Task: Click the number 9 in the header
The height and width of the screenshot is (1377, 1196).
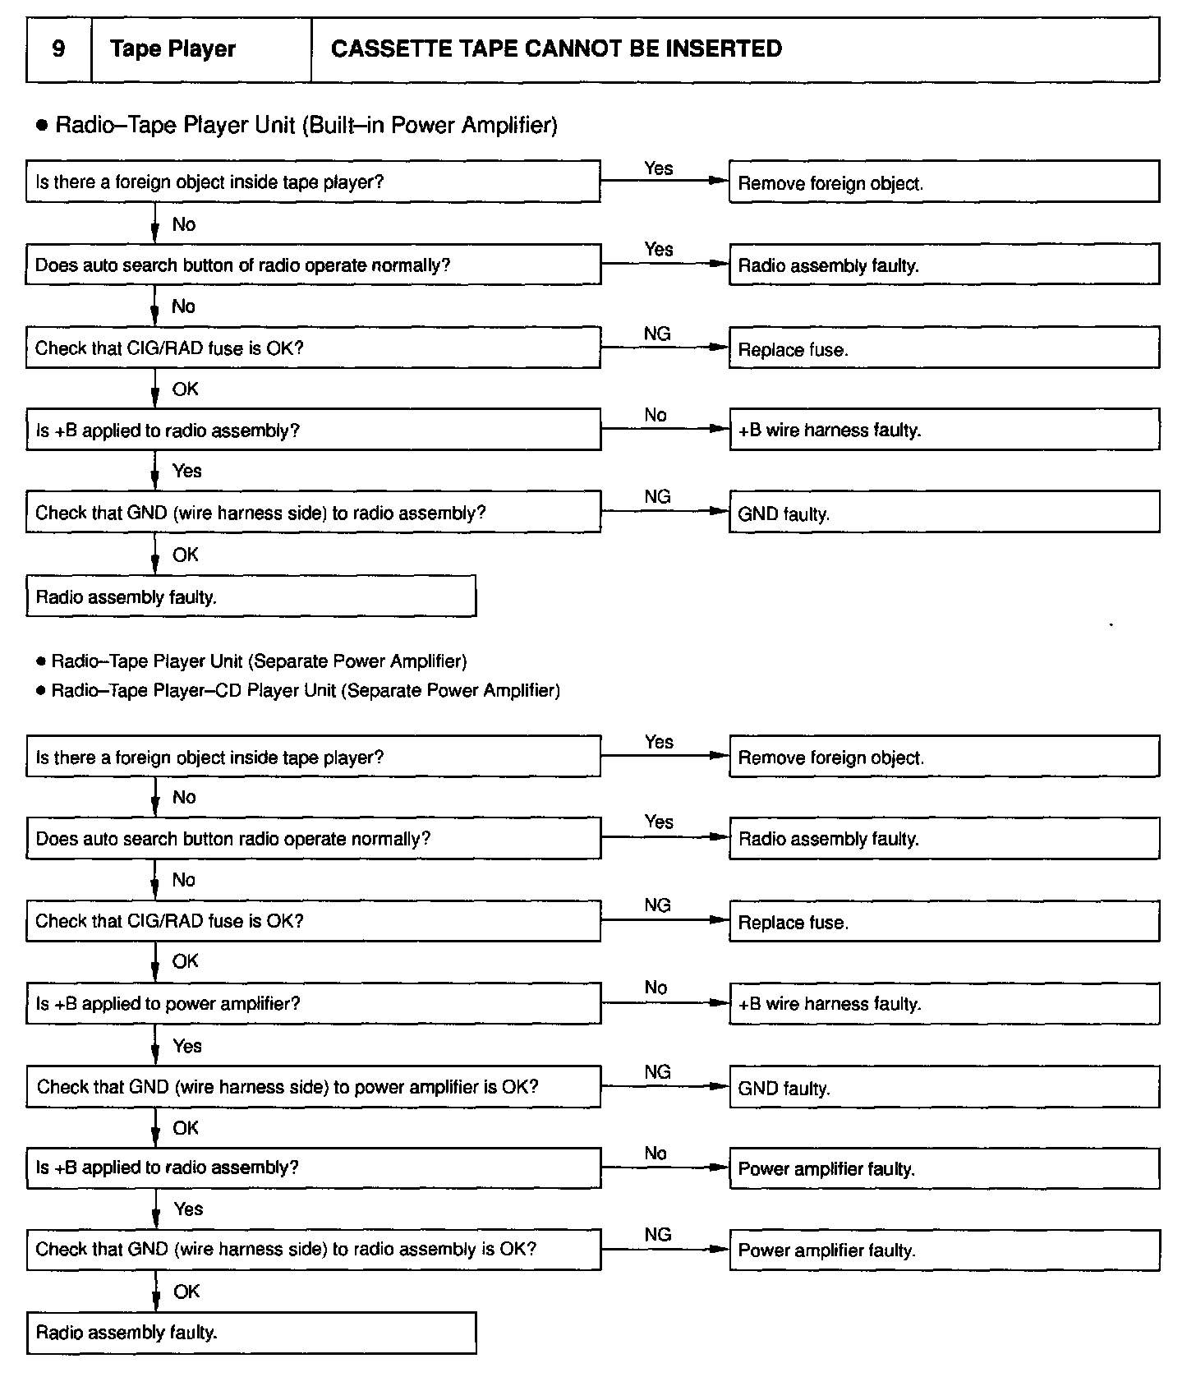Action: (x=58, y=48)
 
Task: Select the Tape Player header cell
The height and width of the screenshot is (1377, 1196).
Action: (x=200, y=49)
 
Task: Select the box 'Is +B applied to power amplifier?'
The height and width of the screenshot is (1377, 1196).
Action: (x=313, y=1003)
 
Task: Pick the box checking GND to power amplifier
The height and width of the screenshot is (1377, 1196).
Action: (x=313, y=1086)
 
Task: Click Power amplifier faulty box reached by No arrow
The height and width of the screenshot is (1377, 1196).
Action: (x=944, y=1168)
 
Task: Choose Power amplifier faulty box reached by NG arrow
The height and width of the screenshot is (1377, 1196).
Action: (x=944, y=1250)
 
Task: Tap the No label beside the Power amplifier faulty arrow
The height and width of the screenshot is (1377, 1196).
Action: (x=655, y=1154)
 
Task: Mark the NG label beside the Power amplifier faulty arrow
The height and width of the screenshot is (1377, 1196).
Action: (x=658, y=1234)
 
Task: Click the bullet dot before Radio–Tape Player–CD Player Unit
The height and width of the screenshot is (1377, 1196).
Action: (x=40, y=691)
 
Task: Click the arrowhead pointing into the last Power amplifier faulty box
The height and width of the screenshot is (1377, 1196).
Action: (x=720, y=1250)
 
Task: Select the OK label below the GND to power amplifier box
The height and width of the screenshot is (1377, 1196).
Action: (x=186, y=1128)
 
